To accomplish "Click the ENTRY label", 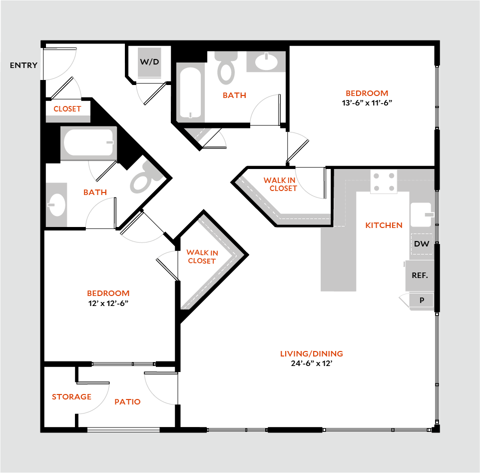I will pyautogui.click(x=23, y=65).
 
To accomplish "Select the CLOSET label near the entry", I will pyautogui.click(x=67, y=108).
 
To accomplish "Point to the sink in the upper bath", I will pyautogui.click(x=266, y=62).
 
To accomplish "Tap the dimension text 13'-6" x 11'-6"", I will pyautogui.click(x=367, y=103).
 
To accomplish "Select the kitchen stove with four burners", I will pyautogui.click(x=384, y=181).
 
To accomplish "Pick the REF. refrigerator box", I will pyautogui.click(x=420, y=275).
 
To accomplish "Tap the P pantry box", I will pyautogui.click(x=422, y=300).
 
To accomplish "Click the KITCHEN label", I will pyautogui.click(x=384, y=225).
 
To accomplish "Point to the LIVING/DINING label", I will pyautogui.click(x=311, y=354).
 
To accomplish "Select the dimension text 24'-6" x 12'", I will pyautogui.click(x=311, y=364).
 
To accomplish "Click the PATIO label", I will pyautogui.click(x=127, y=401).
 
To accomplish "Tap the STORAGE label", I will pyautogui.click(x=71, y=396).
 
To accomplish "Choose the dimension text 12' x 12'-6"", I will pyautogui.click(x=108, y=303).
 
